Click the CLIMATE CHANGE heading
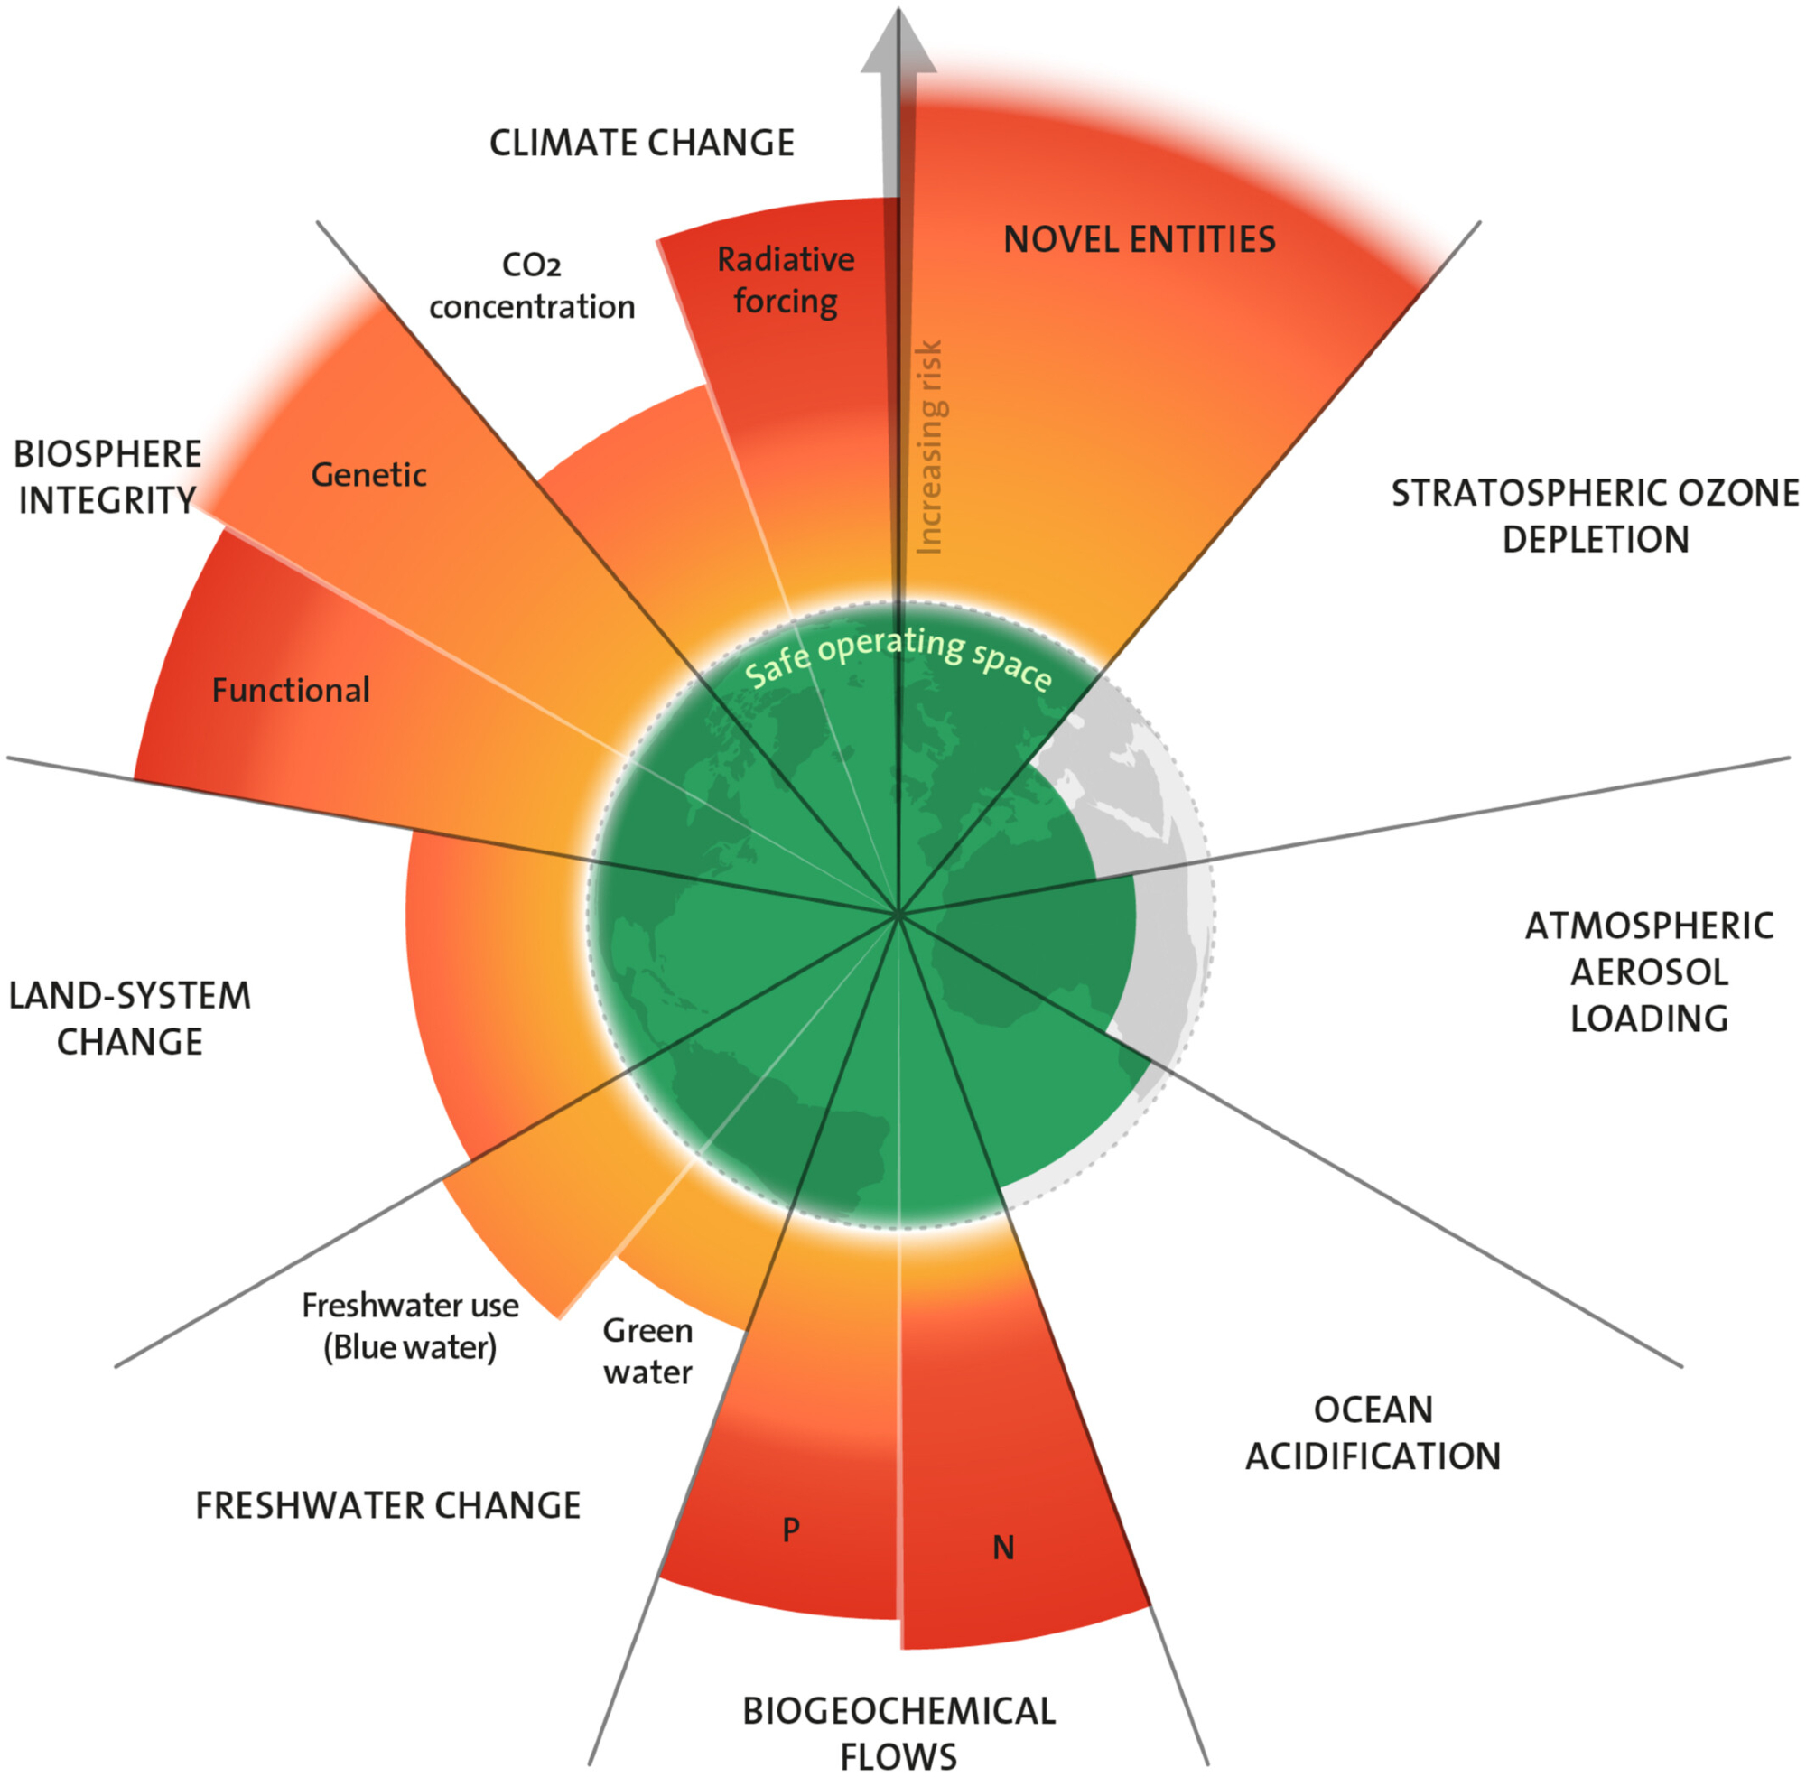click(x=641, y=143)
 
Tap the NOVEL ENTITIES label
click(x=1139, y=240)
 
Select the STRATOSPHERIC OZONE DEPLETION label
click(x=1594, y=516)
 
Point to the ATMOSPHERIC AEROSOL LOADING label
click(x=1648, y=972)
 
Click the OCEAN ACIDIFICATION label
click(x=1372, y=1433)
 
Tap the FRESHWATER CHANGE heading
click(x=387, y=1505)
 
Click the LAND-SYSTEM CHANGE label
click(x=130, y=1019)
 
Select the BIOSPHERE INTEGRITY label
click(x=107, y=477)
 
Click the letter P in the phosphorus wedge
click(x=790, y=1530)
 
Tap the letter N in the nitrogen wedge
click(x=1002, y=1549)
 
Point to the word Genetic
click(x=368, y=475)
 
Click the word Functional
click(x=290, y=691)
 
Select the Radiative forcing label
click(x=785, y=280)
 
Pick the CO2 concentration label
click(x=531, y=285)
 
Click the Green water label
click(x=647, y=1351)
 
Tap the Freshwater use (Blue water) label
click(x=410, y=1326)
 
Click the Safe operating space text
click(x=898, y=656)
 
